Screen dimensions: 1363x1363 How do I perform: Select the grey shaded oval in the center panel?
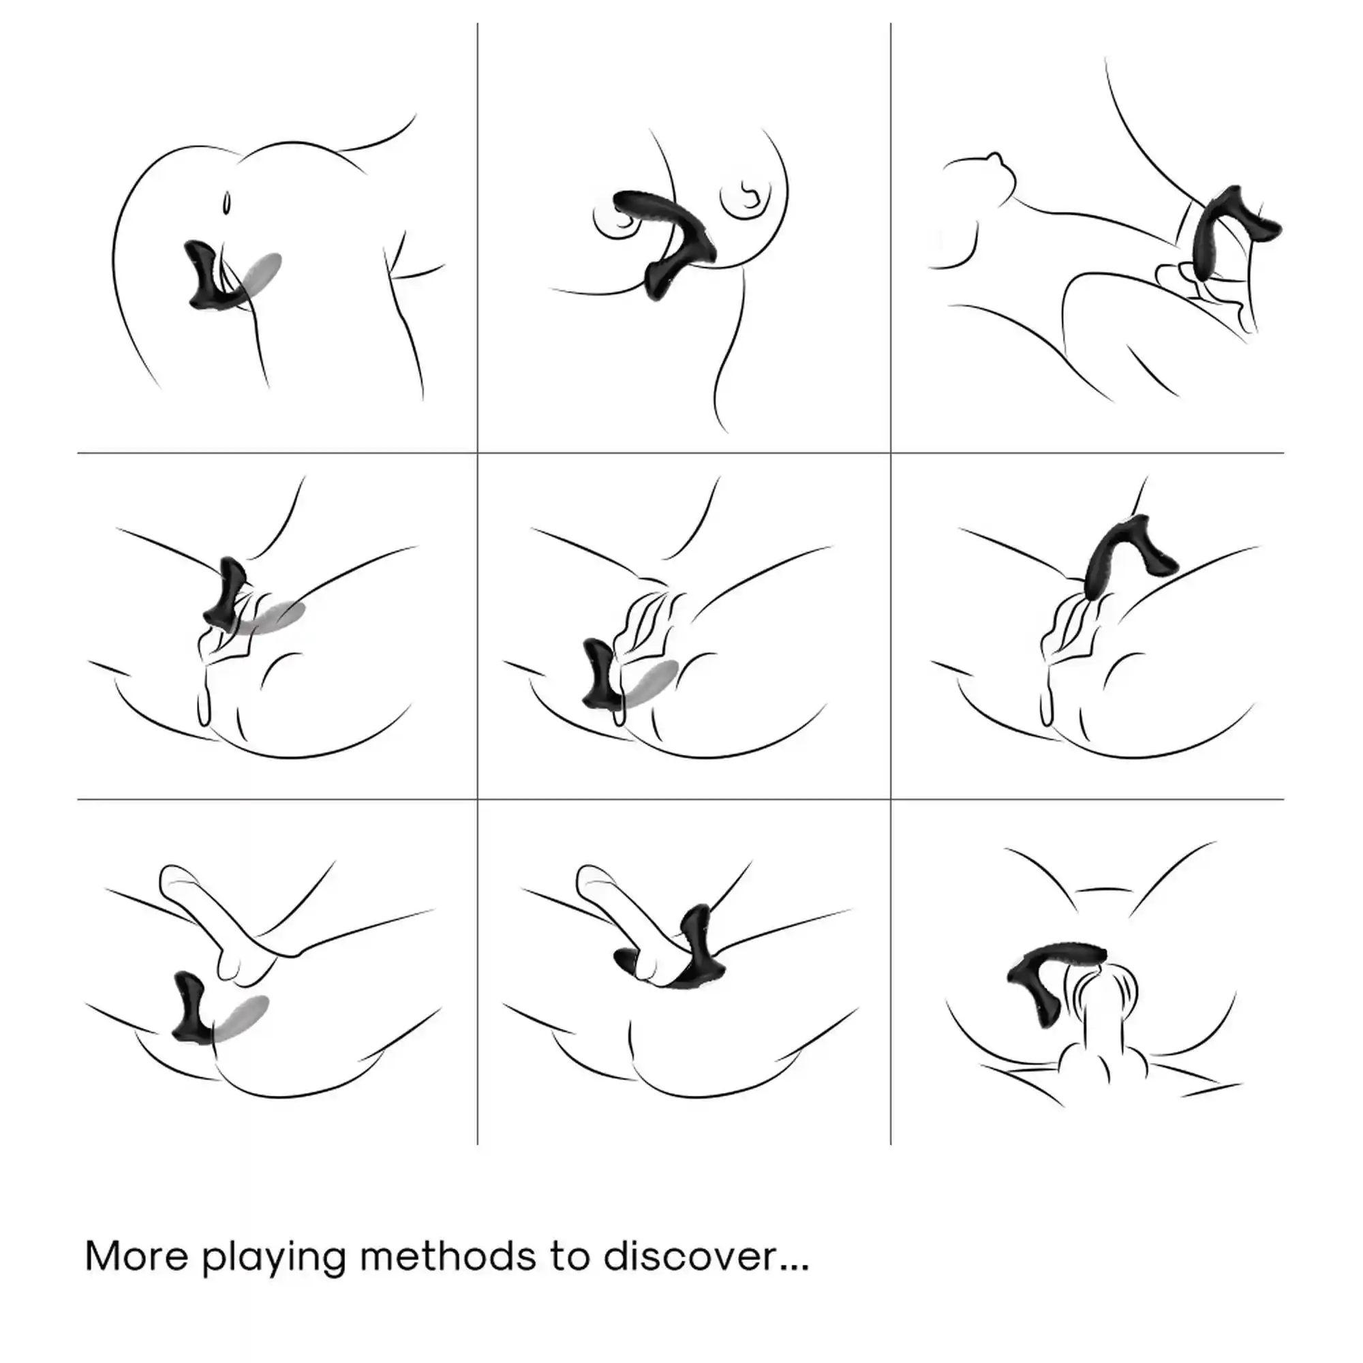(647, 685)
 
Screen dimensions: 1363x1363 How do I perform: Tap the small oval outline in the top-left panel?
(226, 202)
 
